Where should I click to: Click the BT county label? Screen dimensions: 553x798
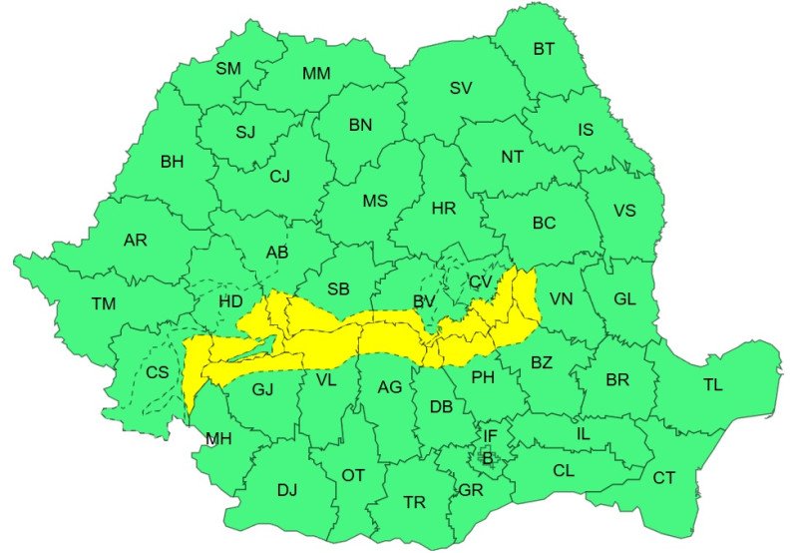coord(544,48)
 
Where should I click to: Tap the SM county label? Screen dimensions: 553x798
coord(228,69)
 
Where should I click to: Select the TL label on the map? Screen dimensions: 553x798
coord(713,384)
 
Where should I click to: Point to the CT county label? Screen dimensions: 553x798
coord(664,478)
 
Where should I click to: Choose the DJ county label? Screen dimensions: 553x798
coord(287,490)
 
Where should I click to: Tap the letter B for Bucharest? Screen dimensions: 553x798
coord(488,458)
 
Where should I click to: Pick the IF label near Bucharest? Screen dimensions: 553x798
coord(489,435)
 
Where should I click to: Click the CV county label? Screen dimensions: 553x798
coord(482,283)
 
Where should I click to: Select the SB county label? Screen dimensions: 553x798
coord(338,289)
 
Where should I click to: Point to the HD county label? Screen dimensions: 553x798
coord(230,300)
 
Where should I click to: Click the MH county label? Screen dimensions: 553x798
coord(217,438)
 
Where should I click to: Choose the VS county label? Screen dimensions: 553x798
coord(624,211)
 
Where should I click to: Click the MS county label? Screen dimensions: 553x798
coord(374,201)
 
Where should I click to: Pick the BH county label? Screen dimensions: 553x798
coord(172,160)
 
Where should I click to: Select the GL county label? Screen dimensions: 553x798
coord(624,298)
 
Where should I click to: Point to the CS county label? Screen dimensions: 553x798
coord(158,372)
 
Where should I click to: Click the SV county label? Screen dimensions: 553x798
coord(460,88)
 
